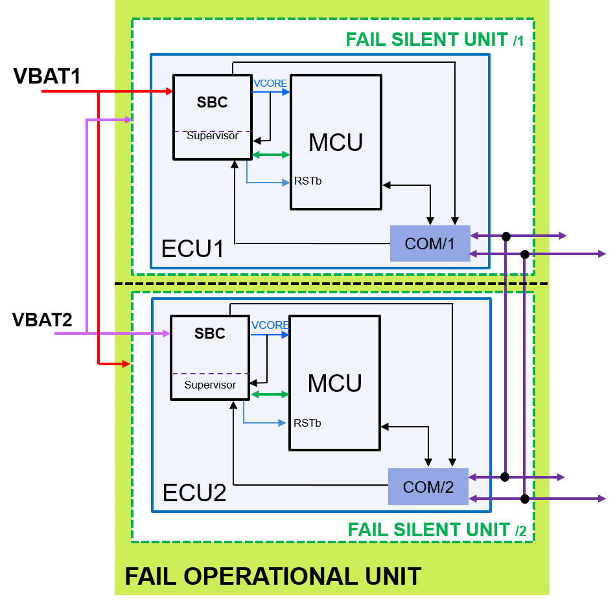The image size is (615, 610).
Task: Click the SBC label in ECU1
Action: coord(212,103)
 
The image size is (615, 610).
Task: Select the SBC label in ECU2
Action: coord(210,333)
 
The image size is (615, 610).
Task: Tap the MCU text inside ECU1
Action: coord(335,142)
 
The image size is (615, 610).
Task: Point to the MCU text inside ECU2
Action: coord(334,383)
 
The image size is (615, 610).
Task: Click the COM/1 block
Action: coord(430,244)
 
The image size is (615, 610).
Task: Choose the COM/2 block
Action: coord(428,487)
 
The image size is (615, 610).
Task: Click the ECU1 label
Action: coord(192,249)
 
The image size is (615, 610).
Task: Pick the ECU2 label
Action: coord(194,493)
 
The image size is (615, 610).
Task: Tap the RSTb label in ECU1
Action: coord(308,181)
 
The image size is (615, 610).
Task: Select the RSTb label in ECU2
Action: coord(307,423)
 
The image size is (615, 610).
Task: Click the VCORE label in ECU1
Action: coord(270,83)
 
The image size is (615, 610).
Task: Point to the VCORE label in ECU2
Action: coord(270,325)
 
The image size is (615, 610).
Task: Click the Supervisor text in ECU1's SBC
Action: coord(212,136)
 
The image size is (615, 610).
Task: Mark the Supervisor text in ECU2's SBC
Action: coord(210,385)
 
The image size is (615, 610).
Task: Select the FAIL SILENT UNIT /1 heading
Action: coord(434,40)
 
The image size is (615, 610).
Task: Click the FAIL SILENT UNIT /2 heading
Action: coord(437,530)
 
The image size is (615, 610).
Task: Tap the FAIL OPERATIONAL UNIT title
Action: coord(273,576)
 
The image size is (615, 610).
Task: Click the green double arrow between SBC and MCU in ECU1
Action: coord(271,155)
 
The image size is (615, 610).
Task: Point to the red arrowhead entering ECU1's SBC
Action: coord(170,91)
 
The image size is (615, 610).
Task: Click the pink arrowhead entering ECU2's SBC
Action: coord(167,333)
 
